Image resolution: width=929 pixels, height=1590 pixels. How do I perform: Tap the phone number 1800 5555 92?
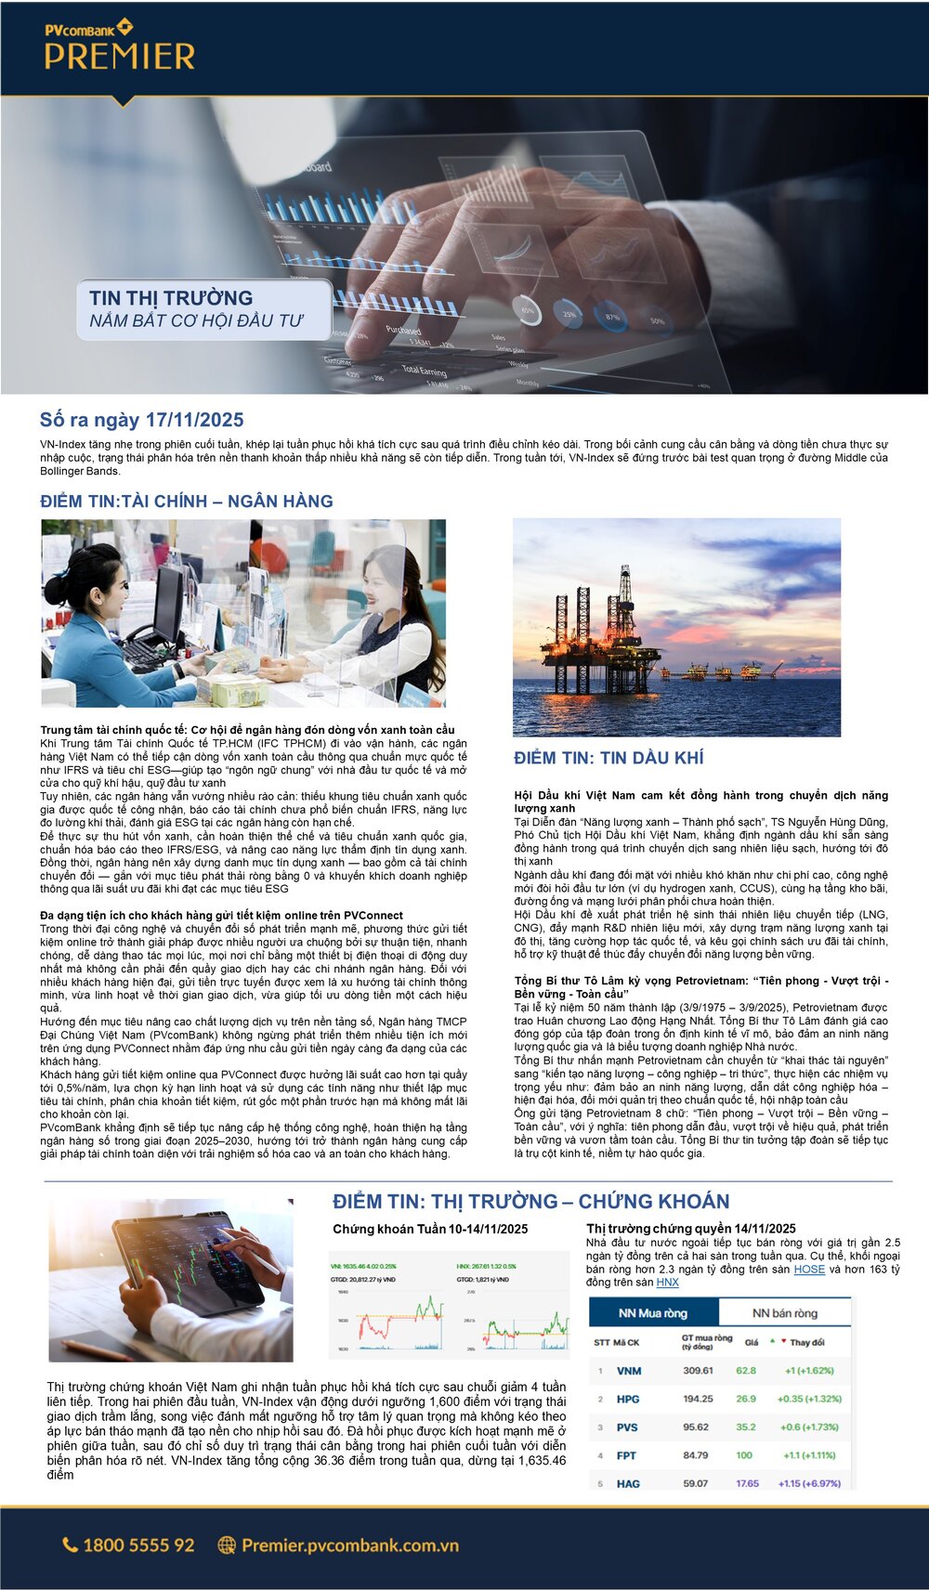point(138,1545)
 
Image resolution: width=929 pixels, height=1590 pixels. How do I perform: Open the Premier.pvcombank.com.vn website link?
point(350,1545)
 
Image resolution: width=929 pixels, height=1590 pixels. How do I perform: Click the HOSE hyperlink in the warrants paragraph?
point(809,1269)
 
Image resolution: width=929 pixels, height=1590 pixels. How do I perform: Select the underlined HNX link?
point(667,1282)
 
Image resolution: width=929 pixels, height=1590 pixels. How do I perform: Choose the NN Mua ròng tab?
point(653,1313)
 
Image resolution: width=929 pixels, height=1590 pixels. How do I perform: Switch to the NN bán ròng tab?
point(784,1313)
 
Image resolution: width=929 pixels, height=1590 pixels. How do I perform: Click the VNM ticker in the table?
point(629,1371)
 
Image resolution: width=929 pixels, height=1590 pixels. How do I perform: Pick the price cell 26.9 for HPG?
point(746,1399)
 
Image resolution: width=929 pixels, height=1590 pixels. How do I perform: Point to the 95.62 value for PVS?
point(696,1427)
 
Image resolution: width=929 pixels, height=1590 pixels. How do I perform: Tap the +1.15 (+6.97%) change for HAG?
point(809,1483)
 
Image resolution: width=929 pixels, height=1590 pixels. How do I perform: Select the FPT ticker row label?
point(627,1455)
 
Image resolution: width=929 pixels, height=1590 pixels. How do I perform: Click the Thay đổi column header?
point(806,1342)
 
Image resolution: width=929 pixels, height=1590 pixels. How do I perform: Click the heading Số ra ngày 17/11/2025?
point(142,420)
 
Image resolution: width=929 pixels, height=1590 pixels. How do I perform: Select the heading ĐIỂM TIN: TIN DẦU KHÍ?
point(608,758)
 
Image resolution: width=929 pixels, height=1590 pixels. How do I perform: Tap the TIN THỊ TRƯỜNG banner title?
point(171,298)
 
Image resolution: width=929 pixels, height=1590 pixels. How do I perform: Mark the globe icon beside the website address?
point(227,1545)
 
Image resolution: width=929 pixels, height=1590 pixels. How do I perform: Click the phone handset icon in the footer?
point(71,1545)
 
